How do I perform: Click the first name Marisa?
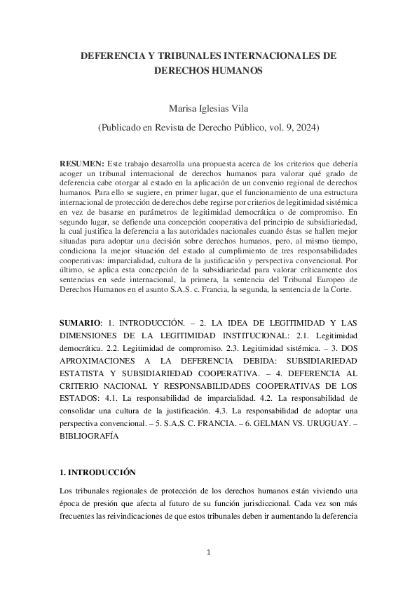[x=182, y=109]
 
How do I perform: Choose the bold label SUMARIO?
[x=80, y=322]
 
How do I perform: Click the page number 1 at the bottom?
[x=209, y=552]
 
